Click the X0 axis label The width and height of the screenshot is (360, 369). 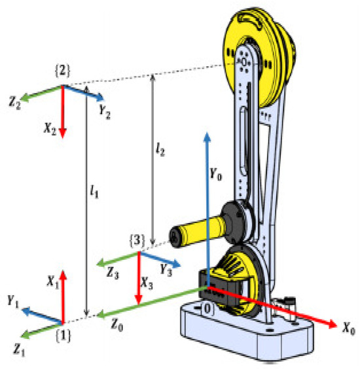(348, 328)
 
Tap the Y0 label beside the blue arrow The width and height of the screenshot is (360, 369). (215, 175)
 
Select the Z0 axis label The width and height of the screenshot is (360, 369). (117, 325)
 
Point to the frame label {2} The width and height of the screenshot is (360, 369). (63, 71)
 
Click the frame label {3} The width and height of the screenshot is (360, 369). (137, 241)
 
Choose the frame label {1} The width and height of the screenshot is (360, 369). (63, 336)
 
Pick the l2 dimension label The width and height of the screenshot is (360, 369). (160, 149)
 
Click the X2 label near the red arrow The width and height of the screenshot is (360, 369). (50, 129)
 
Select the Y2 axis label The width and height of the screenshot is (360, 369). (105, 113)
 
